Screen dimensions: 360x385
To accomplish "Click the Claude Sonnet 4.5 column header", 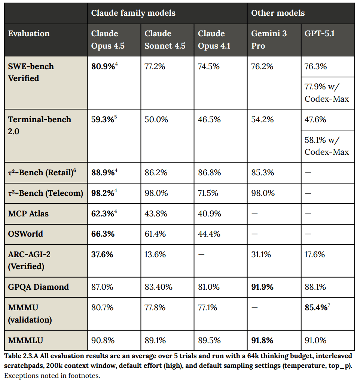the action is point(165,40).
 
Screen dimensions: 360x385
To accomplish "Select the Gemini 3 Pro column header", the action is point(269,40).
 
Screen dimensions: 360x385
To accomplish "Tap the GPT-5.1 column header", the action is point(320,33).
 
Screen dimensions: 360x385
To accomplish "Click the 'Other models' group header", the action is point(278,13).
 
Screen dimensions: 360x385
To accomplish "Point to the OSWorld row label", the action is point(25,234).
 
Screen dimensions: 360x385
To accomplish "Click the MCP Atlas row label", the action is point(28,213).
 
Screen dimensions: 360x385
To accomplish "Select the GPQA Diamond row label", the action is point(39,287).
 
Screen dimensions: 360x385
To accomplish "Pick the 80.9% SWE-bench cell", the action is point(104,66).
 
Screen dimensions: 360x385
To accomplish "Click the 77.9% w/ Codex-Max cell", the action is point(327,93).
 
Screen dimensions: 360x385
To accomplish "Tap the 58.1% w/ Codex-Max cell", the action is point(327,146).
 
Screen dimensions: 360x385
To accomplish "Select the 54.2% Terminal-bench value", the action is point(262,119).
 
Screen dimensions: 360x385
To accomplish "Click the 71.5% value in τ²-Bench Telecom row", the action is point(208,193).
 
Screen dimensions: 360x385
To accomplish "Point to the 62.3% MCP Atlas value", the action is point(104,213).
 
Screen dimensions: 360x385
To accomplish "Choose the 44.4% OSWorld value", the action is point(209,234).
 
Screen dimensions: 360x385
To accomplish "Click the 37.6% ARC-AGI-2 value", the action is point(102,255).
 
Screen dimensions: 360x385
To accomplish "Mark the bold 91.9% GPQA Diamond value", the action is point(262,287).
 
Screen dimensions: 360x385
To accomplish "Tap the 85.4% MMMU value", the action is point(317,307).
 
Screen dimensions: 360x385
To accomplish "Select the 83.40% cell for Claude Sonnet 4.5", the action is point(158,287).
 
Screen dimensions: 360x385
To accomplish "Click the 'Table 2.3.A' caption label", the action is point(21,356).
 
